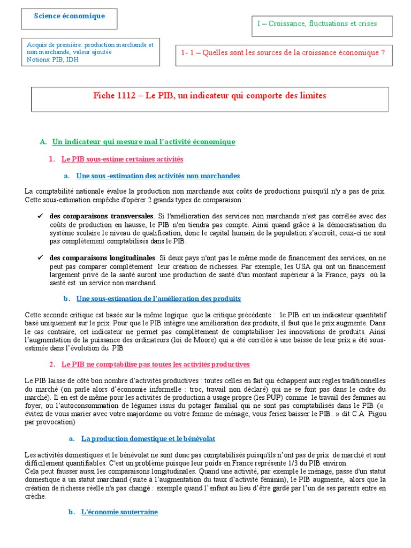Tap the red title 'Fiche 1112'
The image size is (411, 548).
(x=115, y=96)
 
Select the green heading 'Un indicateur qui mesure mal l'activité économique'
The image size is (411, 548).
(x=143, y=142)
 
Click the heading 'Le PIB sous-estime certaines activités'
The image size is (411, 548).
(x=122, y=159)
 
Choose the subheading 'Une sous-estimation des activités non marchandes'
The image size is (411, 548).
(x=158, y=176)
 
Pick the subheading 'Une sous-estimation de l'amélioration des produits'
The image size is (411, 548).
(x=158, y=298)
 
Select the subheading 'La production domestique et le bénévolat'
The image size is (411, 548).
(x=148, y=438)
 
